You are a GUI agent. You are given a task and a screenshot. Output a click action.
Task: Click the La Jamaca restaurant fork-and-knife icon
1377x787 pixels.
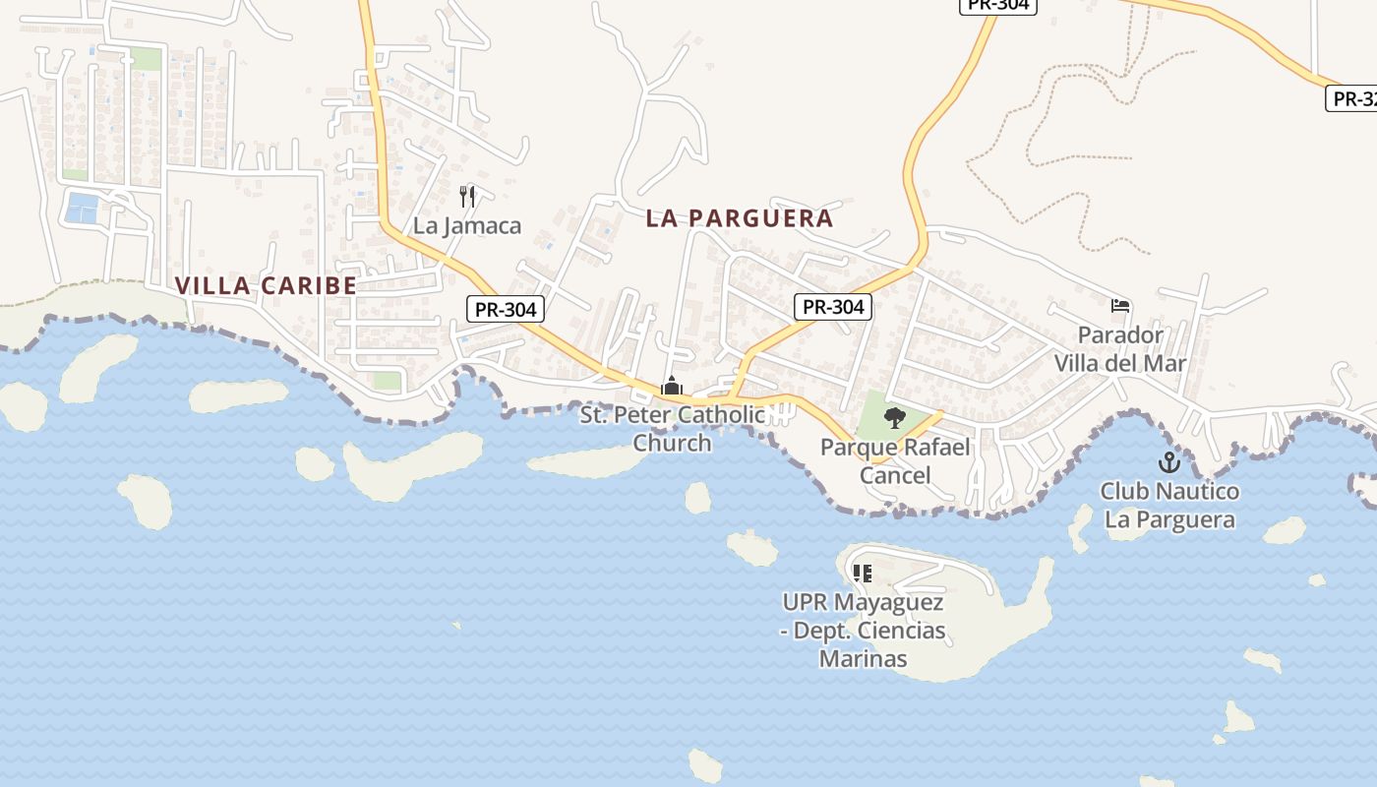[467, 197]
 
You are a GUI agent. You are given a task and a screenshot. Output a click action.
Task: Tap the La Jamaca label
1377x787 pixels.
[467, 225]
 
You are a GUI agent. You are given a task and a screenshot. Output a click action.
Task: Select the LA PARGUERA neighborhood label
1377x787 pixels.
[740, 218]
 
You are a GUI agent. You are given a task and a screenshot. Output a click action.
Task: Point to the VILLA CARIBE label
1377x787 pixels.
[266, 285]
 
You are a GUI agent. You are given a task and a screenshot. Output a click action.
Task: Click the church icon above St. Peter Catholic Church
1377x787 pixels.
[672, 387]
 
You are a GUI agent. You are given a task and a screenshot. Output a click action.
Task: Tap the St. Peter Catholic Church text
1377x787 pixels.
[673, 429]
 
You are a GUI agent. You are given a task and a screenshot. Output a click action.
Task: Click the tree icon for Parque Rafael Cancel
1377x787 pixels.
[894, 419]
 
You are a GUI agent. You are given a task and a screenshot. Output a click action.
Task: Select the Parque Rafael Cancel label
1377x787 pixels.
[895, 461]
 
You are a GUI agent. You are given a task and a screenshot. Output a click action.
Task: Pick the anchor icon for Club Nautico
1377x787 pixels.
[1168, 461]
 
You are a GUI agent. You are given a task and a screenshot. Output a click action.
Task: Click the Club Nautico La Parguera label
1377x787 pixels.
[1169, 505]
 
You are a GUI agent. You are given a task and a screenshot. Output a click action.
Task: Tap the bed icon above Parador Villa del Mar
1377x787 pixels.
[1120, 306]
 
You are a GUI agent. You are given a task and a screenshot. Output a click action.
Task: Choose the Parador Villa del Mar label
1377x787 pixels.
[1120, 349]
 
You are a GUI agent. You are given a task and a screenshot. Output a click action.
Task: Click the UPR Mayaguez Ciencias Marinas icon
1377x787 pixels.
[863, 573]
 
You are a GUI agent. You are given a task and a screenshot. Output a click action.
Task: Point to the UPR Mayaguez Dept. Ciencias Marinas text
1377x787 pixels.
[864, 631]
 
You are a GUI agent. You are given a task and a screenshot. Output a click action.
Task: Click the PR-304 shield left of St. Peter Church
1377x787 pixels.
[506, 309]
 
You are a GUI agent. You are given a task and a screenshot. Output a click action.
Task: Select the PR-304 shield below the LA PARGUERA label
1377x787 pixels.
[833, 307]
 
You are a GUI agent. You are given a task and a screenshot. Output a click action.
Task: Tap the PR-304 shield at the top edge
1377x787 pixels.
[998, 5]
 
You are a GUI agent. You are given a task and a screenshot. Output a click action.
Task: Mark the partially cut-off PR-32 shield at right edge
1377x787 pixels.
[1351, 98]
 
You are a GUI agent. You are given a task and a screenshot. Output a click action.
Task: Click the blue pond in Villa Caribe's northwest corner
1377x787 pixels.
[82, 208]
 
